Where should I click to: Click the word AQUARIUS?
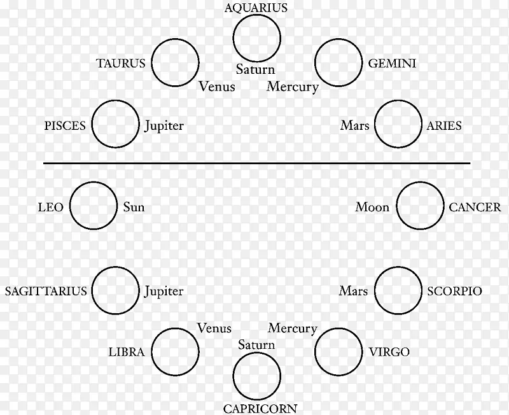coord(256,8)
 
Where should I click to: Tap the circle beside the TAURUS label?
coord(175,63)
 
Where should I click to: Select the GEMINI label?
coord(392,64)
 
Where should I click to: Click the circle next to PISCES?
coord(115,125)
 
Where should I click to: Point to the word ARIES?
coord(444,125)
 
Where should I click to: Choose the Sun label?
coord(134,207)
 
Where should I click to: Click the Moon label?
coord(372,207)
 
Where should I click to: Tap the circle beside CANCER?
coord(420,206)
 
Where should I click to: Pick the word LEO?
coord(51,207)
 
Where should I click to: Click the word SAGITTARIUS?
coord(45,292)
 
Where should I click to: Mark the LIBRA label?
coord(127,352)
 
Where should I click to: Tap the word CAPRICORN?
coord(260,408)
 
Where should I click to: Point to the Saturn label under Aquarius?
coord(255,69)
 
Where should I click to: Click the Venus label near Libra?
coord(214,328)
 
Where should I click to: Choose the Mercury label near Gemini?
coord(292,87)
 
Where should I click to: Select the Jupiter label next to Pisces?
coord(164,125)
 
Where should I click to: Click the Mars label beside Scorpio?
coord(353,292)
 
